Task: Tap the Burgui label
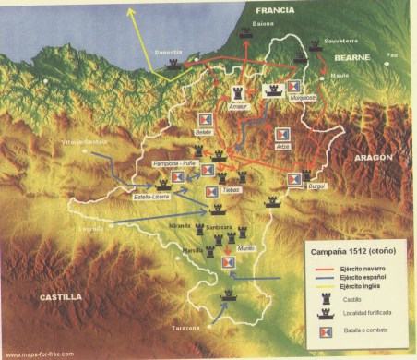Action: pyautogui.click(x=293, y=185)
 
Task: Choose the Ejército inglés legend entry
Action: pyautogui.click(x=355, y=286)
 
